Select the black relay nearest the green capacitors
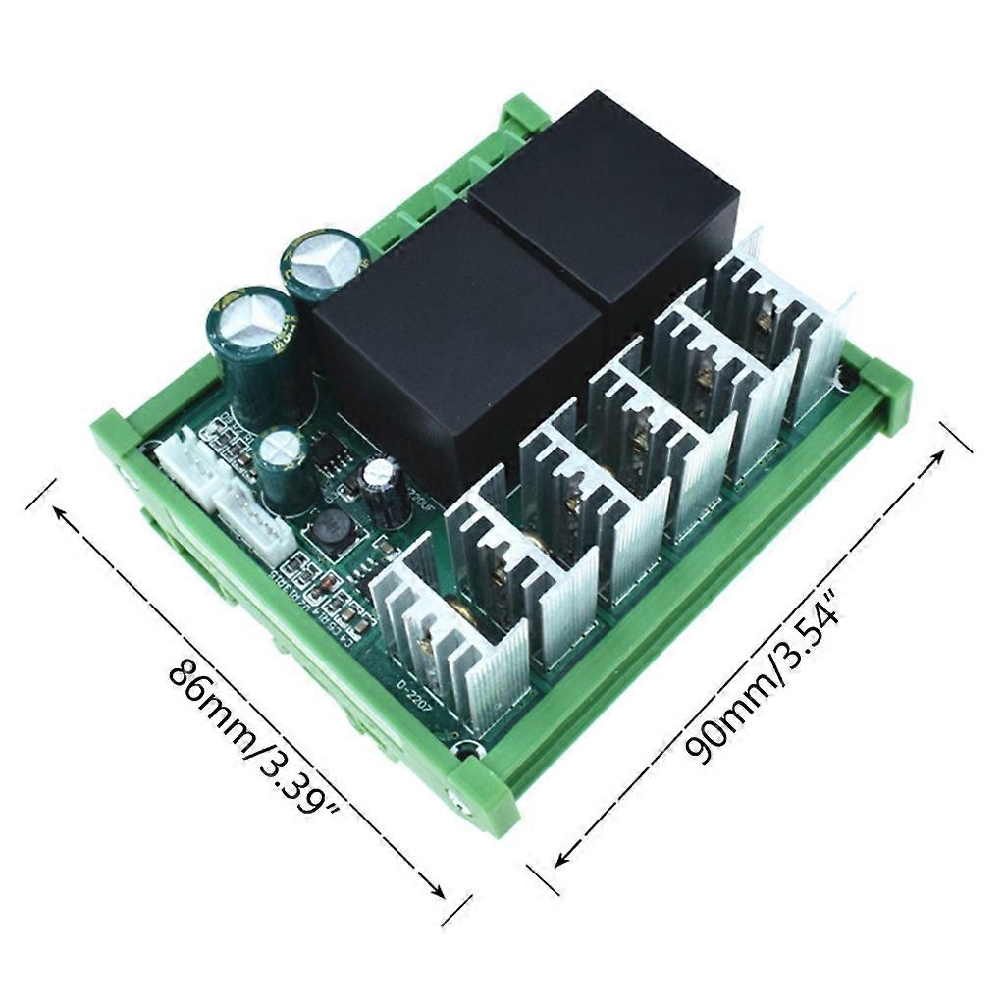pyautogui.click(x=451, y=334)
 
